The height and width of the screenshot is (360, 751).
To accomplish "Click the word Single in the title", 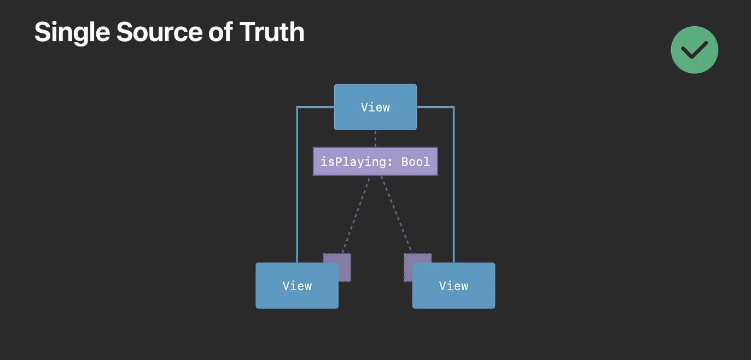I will pos(72,33).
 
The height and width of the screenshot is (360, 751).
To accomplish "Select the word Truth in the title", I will pos(272,33).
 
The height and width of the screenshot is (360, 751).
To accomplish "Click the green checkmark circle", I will pos(694,50).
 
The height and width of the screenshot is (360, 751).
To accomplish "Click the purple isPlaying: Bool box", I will pos(375,161).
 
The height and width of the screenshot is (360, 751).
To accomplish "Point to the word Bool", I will pos(416,161).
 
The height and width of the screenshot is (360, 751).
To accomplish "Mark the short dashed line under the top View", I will pos(375,138).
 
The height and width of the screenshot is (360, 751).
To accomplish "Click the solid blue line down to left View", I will pos(297,186).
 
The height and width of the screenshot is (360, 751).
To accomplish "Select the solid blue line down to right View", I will pos(453,186).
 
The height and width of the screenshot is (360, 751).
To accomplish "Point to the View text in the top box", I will pos(375,107).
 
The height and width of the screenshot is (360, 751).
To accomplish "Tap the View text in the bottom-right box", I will pos(453,286).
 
